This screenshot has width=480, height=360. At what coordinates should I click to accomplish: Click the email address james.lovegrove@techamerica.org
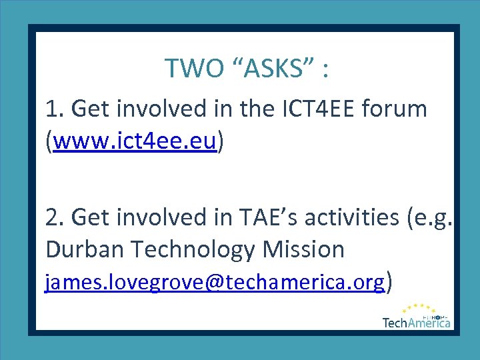point(215,283)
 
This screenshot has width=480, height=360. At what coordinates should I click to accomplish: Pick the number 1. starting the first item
point(54,108)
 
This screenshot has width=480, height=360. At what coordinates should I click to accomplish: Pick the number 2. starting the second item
point(55,217)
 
